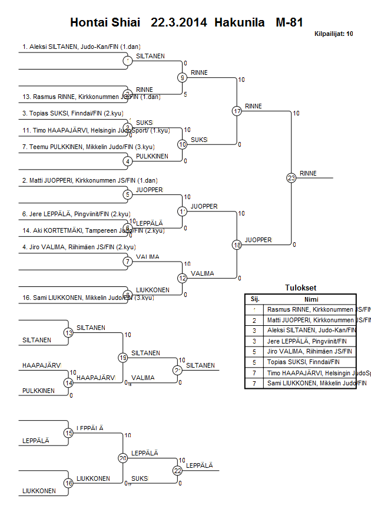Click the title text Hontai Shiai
tap(105, 23)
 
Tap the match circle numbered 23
tap(291, 177)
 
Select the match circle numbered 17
tap(237, 111)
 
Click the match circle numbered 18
tap(237, 245)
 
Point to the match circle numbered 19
tap(123, 358)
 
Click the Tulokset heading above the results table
tap(300, 288)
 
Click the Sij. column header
tap(254, 299)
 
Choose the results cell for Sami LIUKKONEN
tap(316, 383)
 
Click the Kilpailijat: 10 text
tap(334, 34)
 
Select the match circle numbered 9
tap(183, 77)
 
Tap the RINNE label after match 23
tap(308, 173)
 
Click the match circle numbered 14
tap(68, 383)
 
